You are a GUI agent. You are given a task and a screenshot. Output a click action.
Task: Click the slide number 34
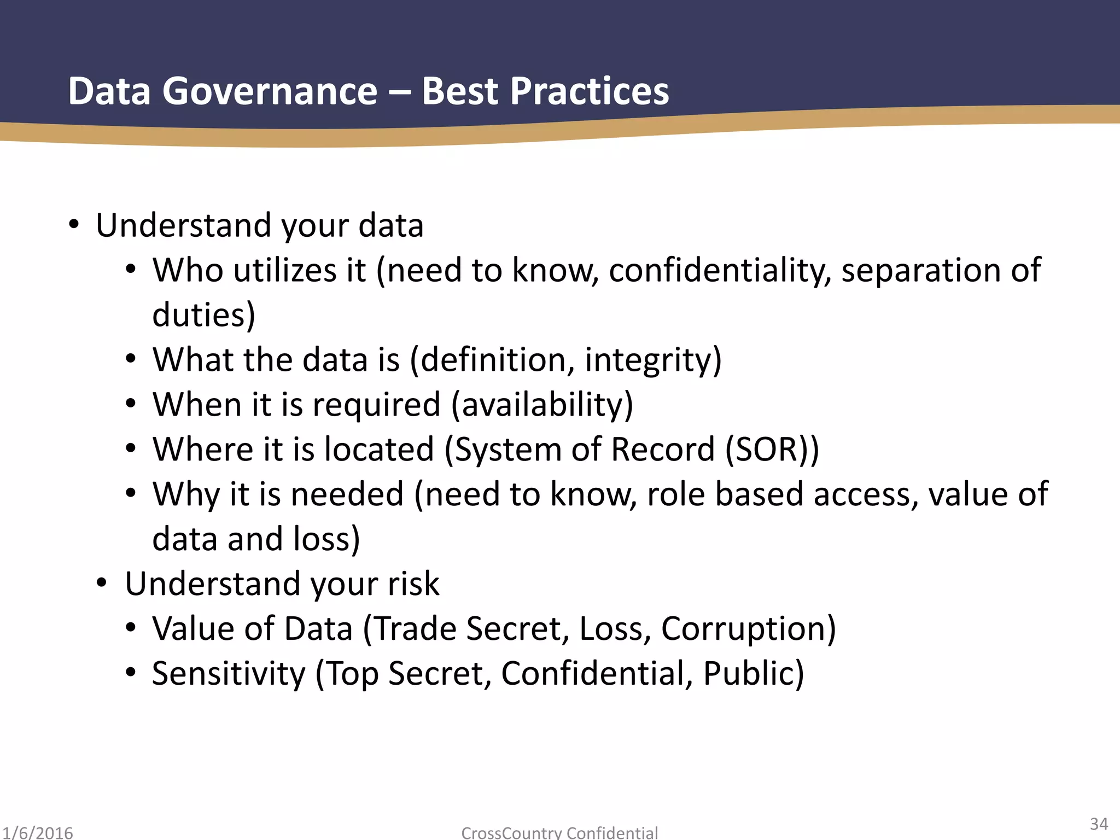1099,824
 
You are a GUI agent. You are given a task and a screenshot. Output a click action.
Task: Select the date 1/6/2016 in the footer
37,833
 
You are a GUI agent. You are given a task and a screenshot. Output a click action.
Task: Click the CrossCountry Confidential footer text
559,833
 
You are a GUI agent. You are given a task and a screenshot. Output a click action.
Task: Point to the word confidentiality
719,270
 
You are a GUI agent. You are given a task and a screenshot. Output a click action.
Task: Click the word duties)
203,315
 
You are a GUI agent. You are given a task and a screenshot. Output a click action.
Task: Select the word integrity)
653,360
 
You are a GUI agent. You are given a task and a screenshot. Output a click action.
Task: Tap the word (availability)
542,405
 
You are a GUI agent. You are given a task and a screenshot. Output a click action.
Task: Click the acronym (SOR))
772,450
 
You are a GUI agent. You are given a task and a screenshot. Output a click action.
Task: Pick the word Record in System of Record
663,450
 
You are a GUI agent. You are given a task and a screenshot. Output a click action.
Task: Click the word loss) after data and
326,539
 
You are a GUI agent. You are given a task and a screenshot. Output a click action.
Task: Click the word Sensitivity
229,674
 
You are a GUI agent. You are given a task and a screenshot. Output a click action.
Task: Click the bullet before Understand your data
74,225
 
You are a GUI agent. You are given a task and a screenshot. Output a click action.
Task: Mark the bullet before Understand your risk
102,583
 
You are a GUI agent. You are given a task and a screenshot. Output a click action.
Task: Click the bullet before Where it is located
130,448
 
